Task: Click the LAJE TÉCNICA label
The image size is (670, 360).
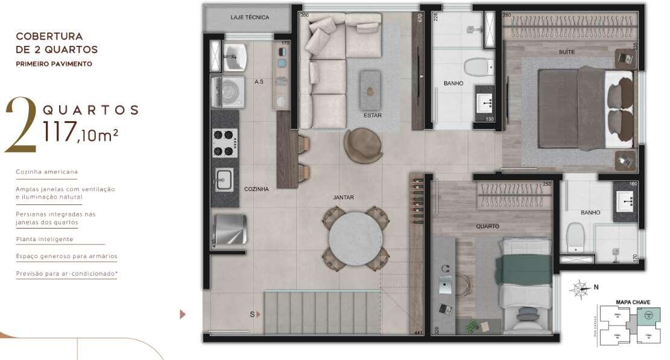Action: [x=250, y=17]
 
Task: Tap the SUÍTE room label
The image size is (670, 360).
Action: [x=566, y=52]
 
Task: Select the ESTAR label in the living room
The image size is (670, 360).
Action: [x=372, y=115]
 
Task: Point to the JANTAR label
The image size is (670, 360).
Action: [x=343, y=197]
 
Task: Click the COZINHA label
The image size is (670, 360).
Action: [x=256, y=189]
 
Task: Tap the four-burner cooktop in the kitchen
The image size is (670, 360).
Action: [x=224, y=143]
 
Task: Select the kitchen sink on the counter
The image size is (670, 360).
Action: [x=224, y=180]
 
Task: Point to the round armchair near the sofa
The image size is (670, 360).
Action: [x=363, y=145]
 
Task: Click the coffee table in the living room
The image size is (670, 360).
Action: [x=370, y=90]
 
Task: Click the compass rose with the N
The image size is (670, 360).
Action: [x=580, y=289]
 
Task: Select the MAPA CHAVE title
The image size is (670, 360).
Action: [x=633, y=302]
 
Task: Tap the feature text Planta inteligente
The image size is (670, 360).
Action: [x=45, y=239]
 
